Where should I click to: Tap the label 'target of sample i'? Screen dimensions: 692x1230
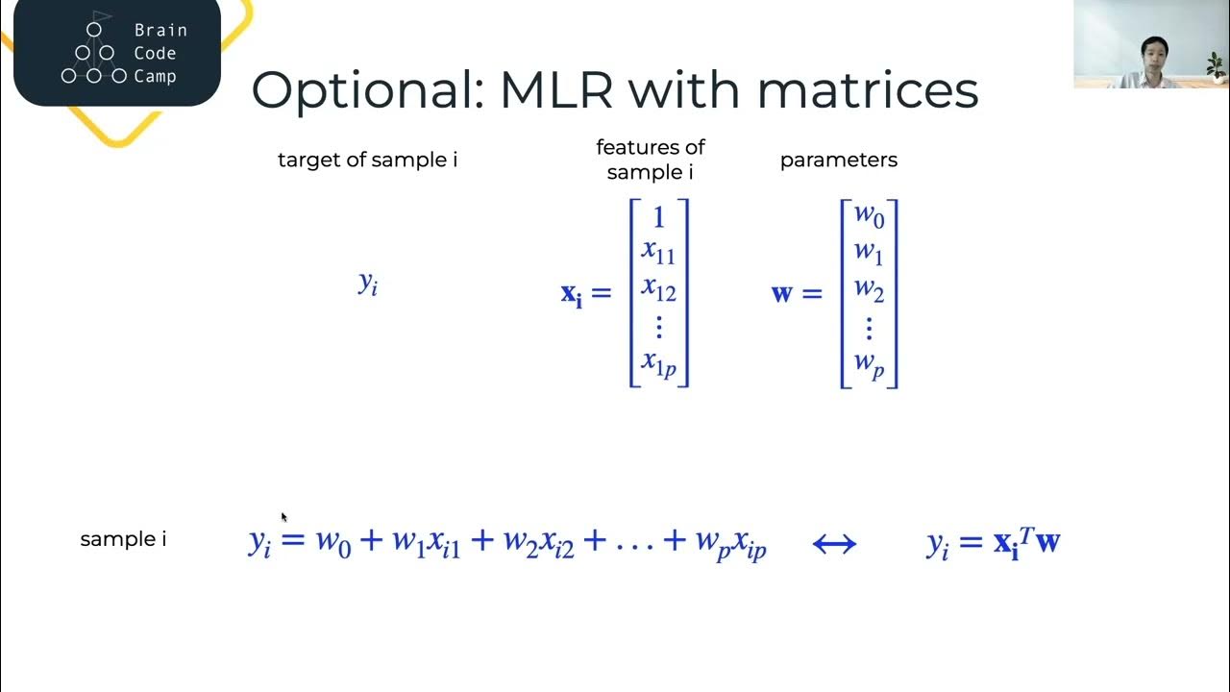(367, 161)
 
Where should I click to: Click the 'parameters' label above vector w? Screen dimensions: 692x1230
(838, 161)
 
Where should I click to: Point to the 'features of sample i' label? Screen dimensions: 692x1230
(651, 160)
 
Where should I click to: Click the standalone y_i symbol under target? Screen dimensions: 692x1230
(368, 283)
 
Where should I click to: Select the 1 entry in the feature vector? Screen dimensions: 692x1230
(659, 218)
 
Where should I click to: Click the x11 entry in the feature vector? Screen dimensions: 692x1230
(659, 253)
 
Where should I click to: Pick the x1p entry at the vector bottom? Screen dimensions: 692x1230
(659, 363)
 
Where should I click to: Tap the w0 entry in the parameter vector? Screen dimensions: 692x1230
(869, 216)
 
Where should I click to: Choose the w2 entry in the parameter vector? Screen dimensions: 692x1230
(869, 289)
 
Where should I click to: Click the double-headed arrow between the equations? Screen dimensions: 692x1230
(834, 544)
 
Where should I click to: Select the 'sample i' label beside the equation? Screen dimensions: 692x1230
(123, 539)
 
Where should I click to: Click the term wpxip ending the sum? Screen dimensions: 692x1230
(730, 544)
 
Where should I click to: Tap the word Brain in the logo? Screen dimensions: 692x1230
(160, 30)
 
